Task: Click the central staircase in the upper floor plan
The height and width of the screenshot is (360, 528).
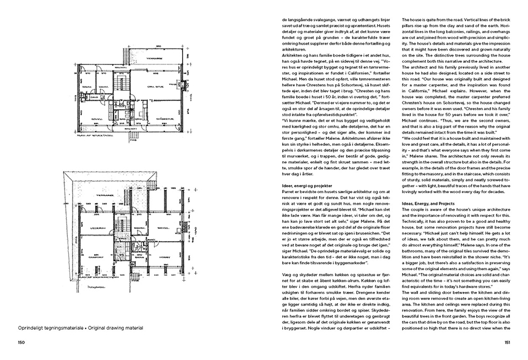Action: pyautogui.click(x=122, y=105)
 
